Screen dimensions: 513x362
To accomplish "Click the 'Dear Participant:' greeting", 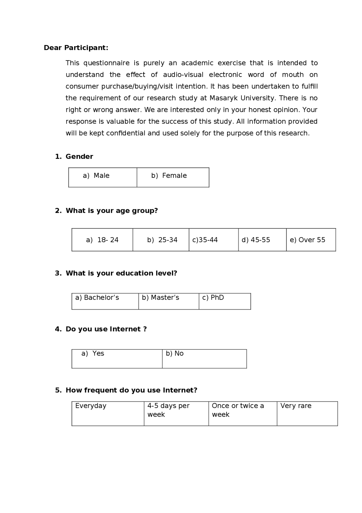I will [76, 48].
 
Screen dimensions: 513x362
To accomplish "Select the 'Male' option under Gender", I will [96, 176].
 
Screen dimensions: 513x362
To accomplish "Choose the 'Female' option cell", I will [169, 176].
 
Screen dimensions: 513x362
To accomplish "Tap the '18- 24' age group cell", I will [102, 240].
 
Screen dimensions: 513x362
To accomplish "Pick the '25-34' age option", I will [162, 240].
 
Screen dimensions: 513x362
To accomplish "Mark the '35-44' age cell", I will [205, 240].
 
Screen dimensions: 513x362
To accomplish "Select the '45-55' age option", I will [256, 240].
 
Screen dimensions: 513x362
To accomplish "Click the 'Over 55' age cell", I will [307, 240].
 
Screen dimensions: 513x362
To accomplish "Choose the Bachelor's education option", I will [97, 298].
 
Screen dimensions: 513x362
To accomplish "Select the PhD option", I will [213, 298].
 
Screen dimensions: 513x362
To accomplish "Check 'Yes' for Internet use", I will [93, 354].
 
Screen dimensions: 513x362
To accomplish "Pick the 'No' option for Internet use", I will [175, 354].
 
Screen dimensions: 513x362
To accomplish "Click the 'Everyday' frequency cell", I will [91, 406].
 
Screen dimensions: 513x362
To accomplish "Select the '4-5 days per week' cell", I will [168, 410].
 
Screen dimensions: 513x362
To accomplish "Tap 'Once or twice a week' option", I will [238, 410].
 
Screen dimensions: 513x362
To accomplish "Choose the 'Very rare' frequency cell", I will [296, 406].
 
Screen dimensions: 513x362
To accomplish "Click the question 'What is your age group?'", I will [112, 211].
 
